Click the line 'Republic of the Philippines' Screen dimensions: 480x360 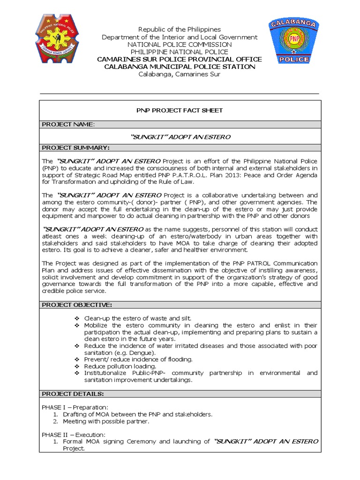tap(180, 30)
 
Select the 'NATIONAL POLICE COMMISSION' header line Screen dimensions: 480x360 tap(180, 45)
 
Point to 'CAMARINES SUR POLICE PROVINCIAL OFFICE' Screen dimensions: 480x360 tap(180, 60)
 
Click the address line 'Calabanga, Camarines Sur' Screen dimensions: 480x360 tap(180, 75)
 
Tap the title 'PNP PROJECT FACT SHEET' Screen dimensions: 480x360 tap(180, 111)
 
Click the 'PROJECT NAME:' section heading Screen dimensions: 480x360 tap(68, 124)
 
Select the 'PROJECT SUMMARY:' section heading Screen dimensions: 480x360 tap(76, 148)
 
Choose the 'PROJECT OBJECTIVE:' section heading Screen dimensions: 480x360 tap(77, 305)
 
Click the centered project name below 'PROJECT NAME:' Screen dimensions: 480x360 tap(180, 136)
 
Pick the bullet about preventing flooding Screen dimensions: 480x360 tap(138, 359)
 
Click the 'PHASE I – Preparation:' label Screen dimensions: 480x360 tap(75, 407)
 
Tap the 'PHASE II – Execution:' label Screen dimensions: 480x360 tap(74, 435)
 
